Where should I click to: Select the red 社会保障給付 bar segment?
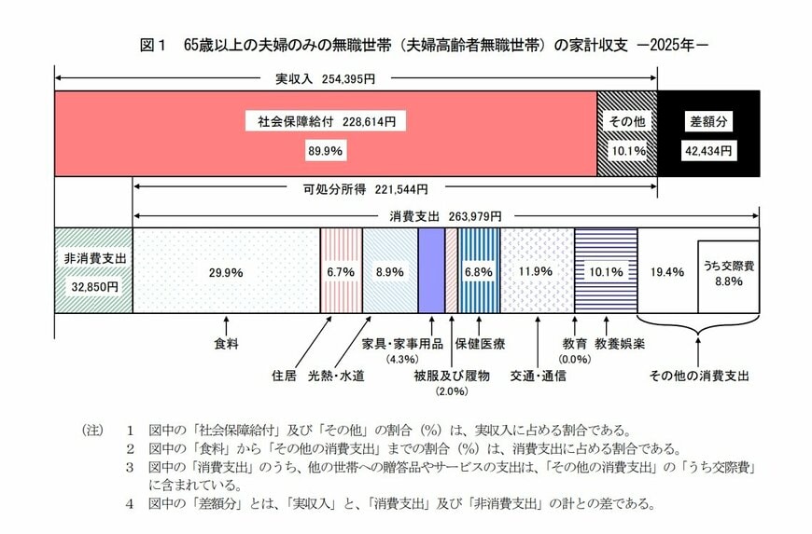(x=326, y=133)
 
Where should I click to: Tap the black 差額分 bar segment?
(x=708, y=133)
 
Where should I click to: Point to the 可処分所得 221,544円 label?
(x=359, y=187)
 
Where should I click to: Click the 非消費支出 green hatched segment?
(x=93, y=270)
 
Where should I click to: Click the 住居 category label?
(x=284, y=376)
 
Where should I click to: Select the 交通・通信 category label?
(x=539, y=376)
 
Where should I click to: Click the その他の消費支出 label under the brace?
(x=701, y=376)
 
